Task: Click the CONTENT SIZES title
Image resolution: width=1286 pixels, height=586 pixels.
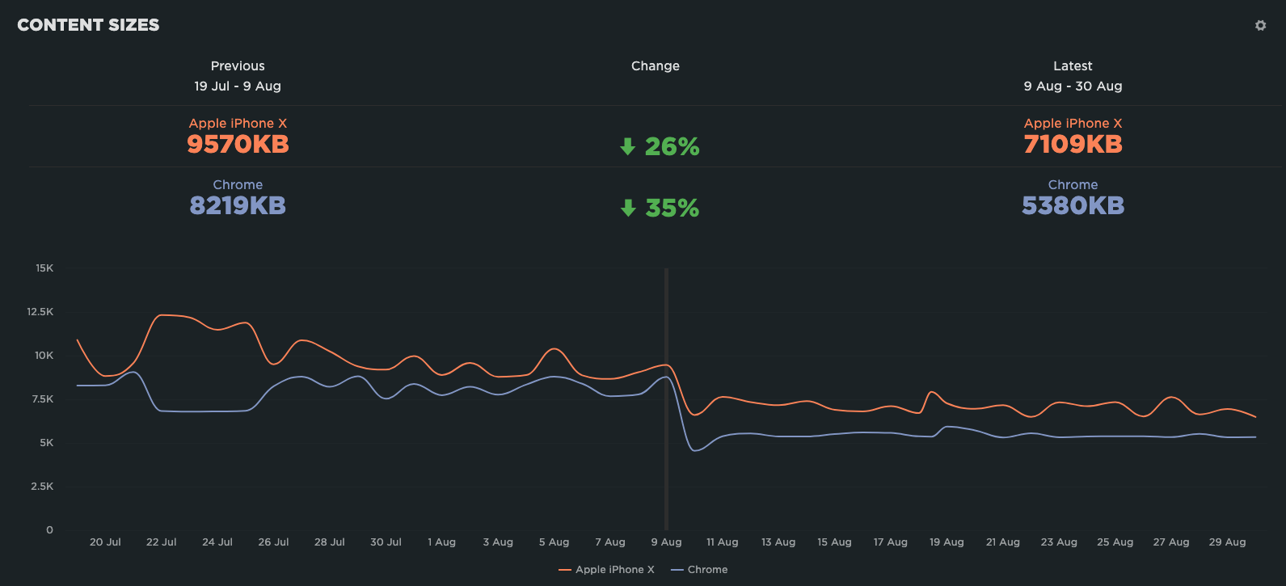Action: click(88, 25)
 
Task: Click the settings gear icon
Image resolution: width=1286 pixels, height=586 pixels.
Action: click(1260, 26)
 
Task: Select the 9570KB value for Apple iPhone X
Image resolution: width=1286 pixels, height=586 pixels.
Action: click(238, 145)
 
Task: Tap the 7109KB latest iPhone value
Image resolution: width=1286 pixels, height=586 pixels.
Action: click(1073, 145)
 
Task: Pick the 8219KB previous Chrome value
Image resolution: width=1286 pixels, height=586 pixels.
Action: click(238, 206)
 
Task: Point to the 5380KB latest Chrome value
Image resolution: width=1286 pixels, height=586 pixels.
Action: click(1073, 206)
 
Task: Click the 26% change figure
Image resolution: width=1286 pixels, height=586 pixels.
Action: click(672, 146)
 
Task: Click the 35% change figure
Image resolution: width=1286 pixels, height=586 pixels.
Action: click(672, 209)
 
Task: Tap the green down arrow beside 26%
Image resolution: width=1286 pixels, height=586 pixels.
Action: click(627, 146)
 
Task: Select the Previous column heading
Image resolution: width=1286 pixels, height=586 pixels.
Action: click(238, 66)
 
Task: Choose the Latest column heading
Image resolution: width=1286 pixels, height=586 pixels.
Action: click(1073, 66)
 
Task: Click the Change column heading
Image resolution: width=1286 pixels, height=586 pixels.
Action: click(655, 66)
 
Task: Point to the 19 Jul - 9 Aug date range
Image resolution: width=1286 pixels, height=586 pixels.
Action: click(238, 86)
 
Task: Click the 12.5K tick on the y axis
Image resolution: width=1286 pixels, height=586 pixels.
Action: click(40, 312)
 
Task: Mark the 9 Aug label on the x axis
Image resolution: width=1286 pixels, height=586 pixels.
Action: click(666, 542)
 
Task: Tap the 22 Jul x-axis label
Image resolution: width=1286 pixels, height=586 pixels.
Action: click(161, 542)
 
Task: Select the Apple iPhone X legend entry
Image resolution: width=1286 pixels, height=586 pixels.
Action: click(607, 570)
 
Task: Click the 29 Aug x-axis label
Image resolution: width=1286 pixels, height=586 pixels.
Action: click(1227, 542)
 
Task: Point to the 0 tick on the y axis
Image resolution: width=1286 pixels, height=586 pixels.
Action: click(49, 530)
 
